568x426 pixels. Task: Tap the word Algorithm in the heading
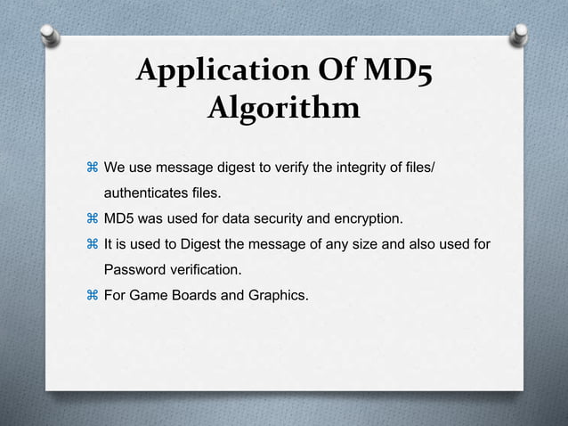[283, 110]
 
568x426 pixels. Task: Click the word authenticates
[145, 192]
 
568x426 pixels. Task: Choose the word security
[283, 217]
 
